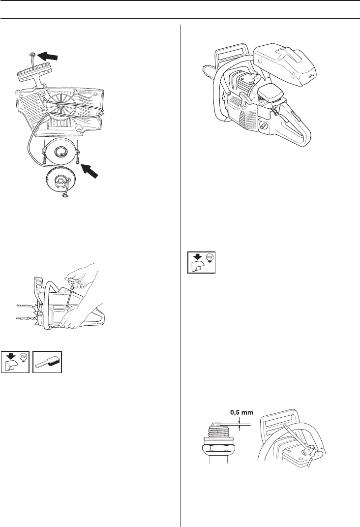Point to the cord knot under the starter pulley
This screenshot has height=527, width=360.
[x=64, y=197]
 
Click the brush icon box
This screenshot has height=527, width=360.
[x=48, y=362]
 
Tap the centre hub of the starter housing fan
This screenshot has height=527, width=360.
[x=61, y=105]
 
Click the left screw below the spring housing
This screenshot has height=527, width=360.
[x=43, y=159]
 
